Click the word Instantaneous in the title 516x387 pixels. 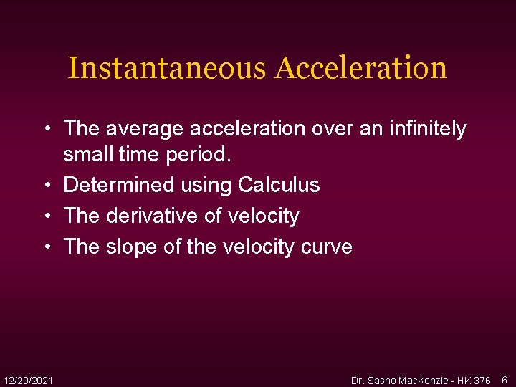(167, 69)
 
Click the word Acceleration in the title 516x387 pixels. (361, 69)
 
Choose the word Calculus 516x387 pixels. (279, 185)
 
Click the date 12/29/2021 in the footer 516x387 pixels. (28, 379)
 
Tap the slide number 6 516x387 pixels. (504, 379)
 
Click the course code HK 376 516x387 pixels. (472, 380)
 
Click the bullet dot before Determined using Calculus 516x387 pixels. (47, 185)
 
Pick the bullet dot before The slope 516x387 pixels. (47, 247)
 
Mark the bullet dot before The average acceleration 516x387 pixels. (47, 129)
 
